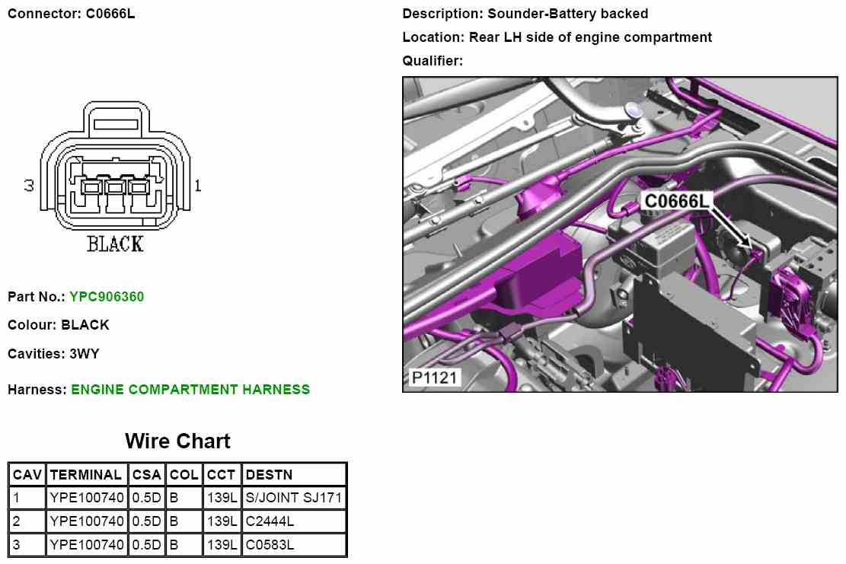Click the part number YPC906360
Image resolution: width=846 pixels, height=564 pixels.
coord(107,297)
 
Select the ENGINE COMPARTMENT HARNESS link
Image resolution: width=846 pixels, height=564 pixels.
coord(190,390)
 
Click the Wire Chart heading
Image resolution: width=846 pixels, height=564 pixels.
coord(177,441)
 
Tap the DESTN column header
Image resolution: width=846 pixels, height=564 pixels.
coord(270,475)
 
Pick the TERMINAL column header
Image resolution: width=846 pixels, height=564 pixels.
coord(86,475)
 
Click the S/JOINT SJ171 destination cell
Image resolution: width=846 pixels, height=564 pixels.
coord(295,499)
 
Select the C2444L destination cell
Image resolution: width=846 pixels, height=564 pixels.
coord(270,522)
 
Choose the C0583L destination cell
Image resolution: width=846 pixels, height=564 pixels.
coord(270,545)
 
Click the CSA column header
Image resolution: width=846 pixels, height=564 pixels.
coord(146,475)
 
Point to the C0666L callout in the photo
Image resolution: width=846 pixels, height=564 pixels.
coord(677,201)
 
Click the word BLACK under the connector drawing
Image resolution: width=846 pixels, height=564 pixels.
coord(115,244)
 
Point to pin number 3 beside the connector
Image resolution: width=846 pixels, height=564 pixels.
coord(30,186)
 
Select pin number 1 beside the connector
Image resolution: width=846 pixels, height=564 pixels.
coord(198,186)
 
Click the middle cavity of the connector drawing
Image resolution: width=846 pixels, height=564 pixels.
coord(115,186)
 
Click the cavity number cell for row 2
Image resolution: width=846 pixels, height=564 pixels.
coord(27,522)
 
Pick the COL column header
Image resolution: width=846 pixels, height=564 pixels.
coord(184,475)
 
